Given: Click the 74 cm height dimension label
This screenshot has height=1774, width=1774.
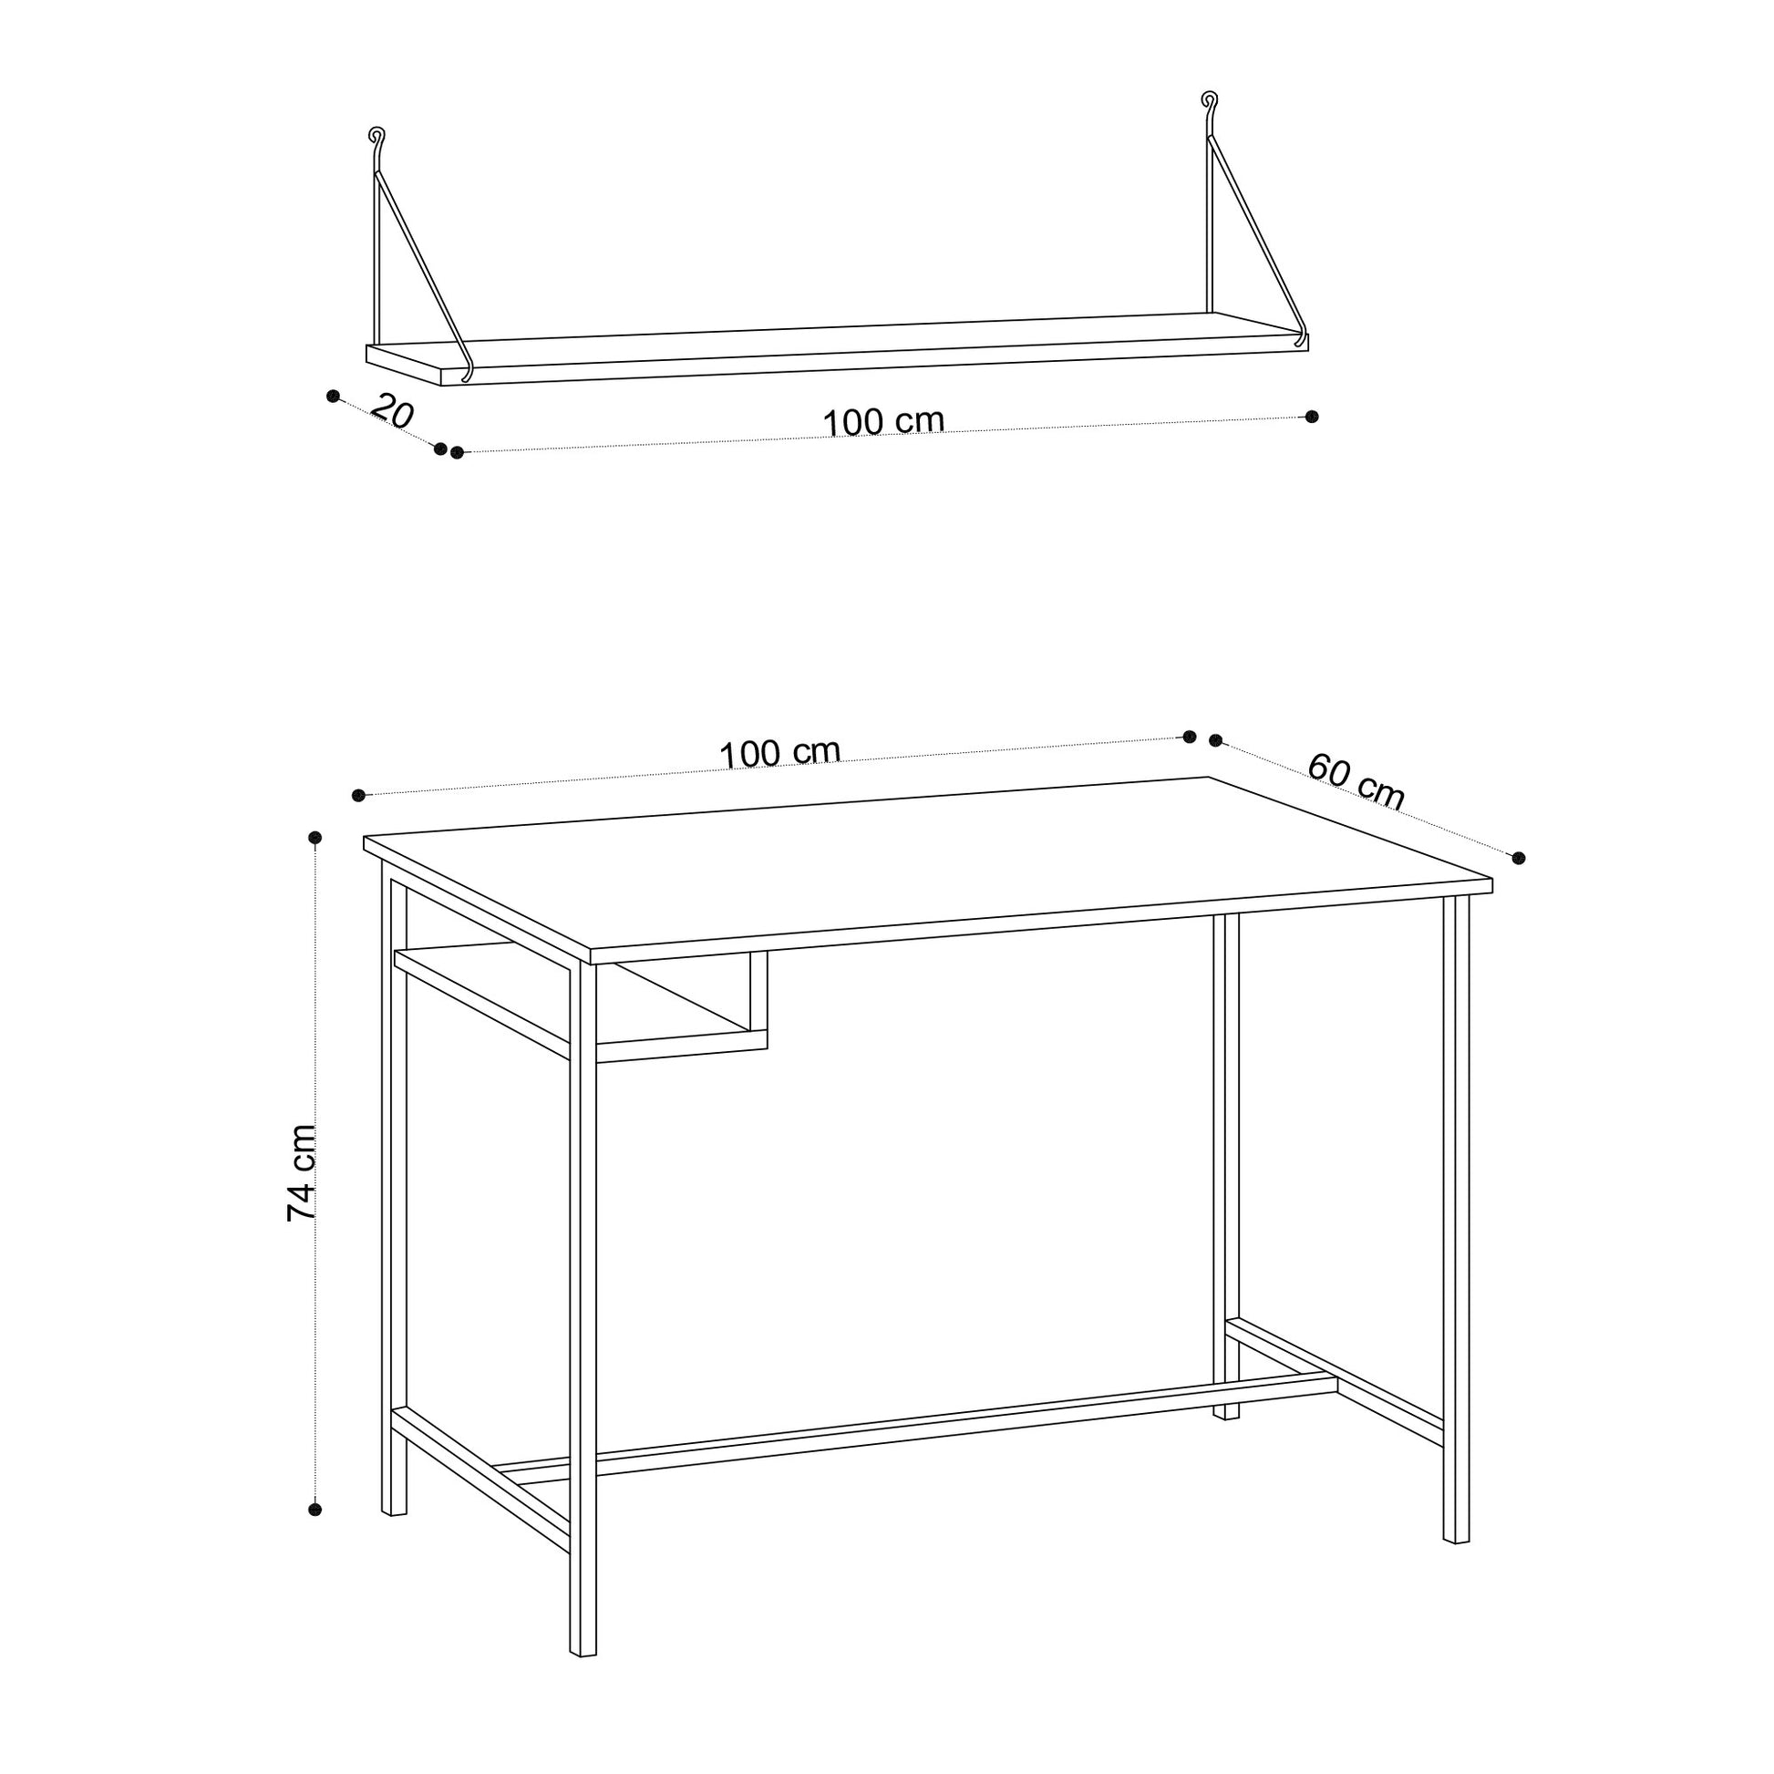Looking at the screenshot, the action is (302, 1172).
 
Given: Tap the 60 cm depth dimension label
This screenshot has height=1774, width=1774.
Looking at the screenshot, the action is (1356, 781).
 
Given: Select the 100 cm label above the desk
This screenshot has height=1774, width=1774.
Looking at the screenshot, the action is (779, 753).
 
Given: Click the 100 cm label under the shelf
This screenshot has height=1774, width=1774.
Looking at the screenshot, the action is (883, 421).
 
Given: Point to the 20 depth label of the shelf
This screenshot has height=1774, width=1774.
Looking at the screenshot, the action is (392, 412).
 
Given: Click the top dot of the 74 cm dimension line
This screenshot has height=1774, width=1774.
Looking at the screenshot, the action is (315, 838).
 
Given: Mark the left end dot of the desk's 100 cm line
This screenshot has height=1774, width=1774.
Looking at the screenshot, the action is (359, 795).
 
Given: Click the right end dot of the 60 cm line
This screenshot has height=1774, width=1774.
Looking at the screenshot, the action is (1519, 858).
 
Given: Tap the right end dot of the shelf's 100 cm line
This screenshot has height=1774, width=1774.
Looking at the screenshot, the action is (1312, 417).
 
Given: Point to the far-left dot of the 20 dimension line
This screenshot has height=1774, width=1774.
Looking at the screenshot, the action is (334, 396).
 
